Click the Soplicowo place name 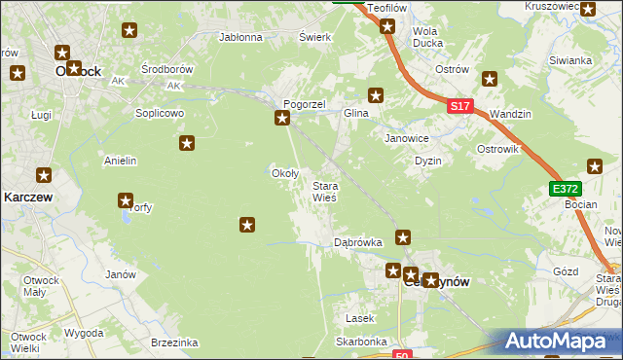tap(160, 113)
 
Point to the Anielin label tap(120, 161)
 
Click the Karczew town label tap(27, 196)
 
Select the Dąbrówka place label tap(357, 241)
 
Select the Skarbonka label tap(361, 342)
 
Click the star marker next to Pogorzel tap(282, 119)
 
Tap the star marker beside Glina tap(376, 95)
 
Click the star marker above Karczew tap(45, 175)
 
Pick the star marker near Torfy tap(126, 201)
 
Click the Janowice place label tap(407, 138)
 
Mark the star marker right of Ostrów tap(490, 79)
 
